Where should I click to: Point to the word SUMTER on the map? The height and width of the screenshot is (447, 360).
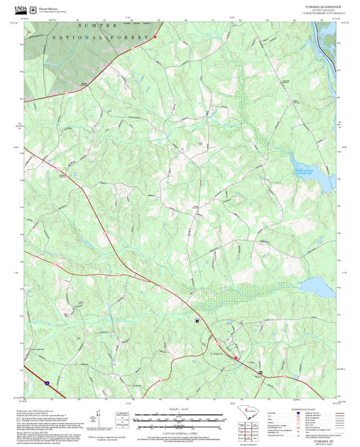87,25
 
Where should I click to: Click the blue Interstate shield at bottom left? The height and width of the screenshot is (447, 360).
47,383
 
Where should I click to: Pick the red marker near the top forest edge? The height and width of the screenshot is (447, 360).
155,36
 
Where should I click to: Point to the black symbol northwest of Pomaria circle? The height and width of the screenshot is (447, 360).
197,321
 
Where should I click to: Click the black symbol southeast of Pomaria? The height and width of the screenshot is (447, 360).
259,371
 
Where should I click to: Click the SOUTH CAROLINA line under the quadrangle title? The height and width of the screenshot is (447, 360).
316,9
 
